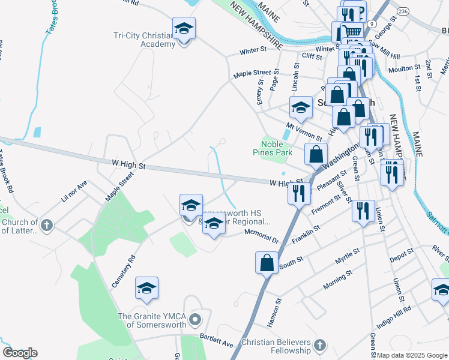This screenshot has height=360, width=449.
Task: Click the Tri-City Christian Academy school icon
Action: click(184, 28)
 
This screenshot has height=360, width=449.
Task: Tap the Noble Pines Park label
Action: click(276, 148)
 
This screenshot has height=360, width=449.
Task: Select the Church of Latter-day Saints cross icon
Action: click(46, 226)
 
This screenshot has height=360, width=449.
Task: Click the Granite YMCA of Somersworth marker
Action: click(194, 317)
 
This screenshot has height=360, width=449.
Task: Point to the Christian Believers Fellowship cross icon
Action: click(319, 346)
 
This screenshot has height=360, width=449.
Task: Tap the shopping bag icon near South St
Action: click(267, 263)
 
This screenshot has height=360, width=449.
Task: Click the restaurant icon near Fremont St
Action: click(363, 211)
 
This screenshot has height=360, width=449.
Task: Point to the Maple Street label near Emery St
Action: click(252, 73)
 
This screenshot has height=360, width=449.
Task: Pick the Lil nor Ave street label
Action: click(74, 190)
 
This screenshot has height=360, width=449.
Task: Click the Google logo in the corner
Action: click(19, 353)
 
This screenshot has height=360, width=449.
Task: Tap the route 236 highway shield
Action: click(403, 11)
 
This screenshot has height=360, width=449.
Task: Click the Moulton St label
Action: click(403, 69)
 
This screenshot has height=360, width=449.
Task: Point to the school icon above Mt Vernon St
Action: click(301, 107)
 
